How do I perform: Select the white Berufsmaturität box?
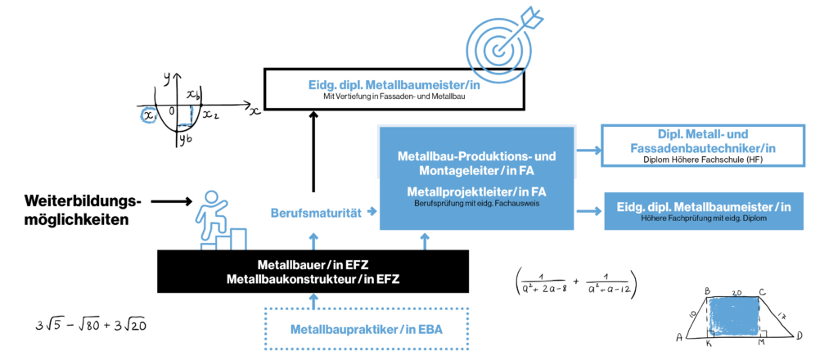(x=316, y=213)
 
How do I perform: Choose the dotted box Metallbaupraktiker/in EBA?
(x=366, y=329)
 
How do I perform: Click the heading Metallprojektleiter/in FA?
(x=476, y=191)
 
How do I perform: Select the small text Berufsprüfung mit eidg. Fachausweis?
(x=476, y=203)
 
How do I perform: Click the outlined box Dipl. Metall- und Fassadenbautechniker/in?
(x=703, y=145)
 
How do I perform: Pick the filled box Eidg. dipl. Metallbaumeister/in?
(x=703, y=211)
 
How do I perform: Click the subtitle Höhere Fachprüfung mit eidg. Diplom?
(x=703, y=219)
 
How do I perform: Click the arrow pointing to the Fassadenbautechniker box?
(x=588, y=150)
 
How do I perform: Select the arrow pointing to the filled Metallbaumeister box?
(x=588, y=212)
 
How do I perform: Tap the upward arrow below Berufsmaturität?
(x=312, y=241)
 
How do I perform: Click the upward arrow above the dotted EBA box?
(x=312, y=300)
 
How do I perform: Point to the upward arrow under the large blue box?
(x=424, y=241)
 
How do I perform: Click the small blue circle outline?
(x=148, y=115)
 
